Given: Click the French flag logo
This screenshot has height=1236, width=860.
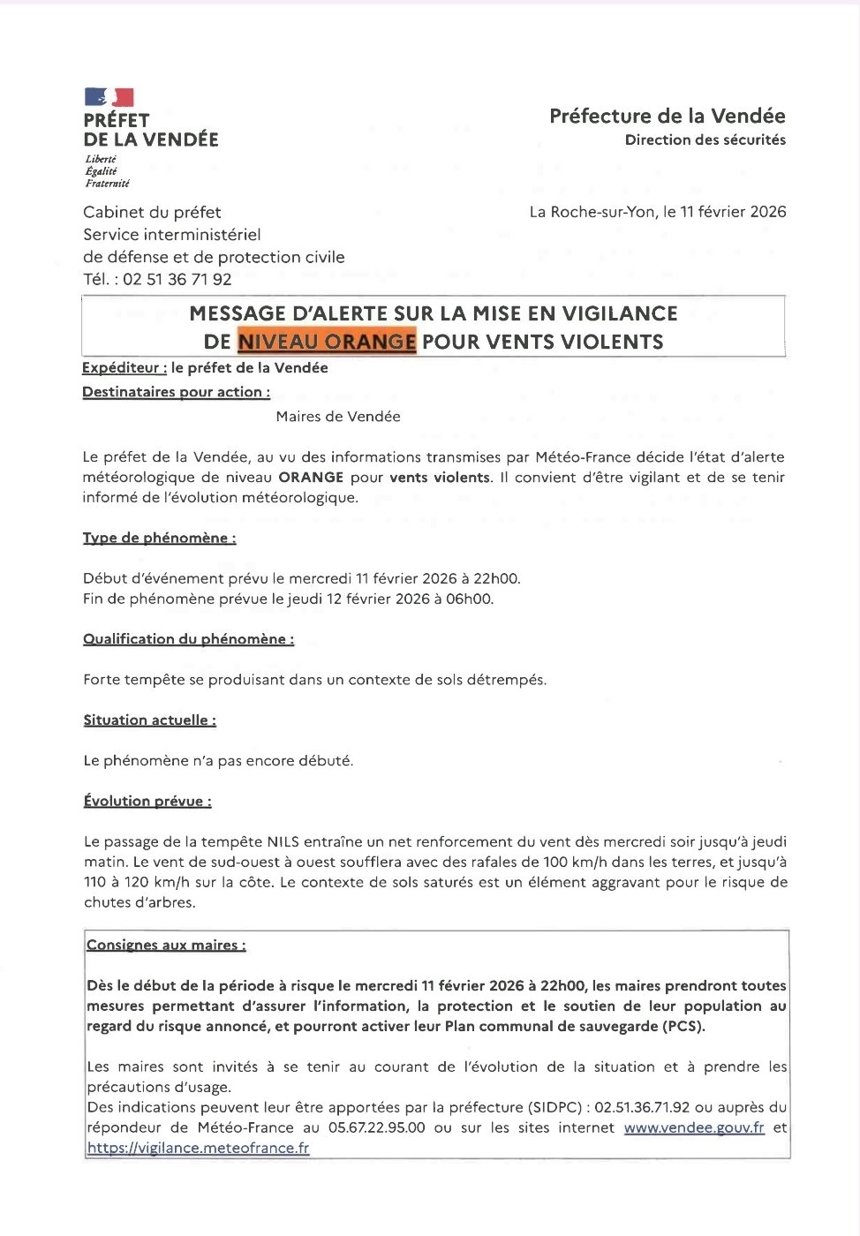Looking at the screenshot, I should tap(109, 97).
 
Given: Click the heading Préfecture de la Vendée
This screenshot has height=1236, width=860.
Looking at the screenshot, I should tap(667, 116).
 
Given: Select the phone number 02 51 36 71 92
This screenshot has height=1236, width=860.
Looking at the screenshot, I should tap(177, 280).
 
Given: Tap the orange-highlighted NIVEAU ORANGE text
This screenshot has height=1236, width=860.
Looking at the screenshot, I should tap(327, 342).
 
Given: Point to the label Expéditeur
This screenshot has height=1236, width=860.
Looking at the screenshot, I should tap(124, 368).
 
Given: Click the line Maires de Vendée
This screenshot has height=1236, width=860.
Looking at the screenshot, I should tap(338, 417).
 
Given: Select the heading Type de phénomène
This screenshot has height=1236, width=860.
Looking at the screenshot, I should tap(159, 539).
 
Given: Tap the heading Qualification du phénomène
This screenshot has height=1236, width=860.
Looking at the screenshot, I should tap(188, 639).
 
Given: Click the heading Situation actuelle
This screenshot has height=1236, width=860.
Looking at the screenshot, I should tap(149, 720).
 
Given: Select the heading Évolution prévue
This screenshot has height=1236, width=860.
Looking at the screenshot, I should tap(147, 802).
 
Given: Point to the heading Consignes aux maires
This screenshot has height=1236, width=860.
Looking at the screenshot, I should tap(166, 946).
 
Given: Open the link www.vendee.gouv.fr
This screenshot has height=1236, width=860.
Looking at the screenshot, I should tap(694, 1128).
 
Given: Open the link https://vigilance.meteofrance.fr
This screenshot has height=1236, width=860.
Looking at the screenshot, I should tap(199, 1149).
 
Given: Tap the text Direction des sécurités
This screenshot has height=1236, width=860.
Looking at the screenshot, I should tap(705, 139).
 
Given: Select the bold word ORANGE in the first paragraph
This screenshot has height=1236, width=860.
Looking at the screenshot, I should tap(311, 478).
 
